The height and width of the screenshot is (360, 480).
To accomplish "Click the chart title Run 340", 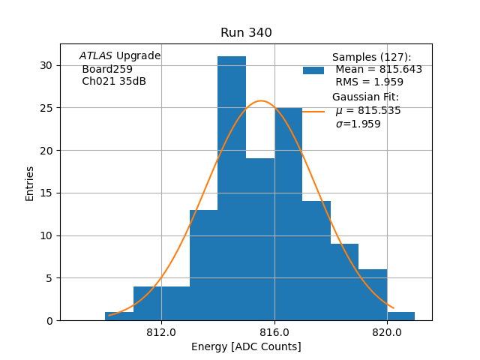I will click(246, 33).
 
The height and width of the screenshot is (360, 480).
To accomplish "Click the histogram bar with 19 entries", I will click(260, 239).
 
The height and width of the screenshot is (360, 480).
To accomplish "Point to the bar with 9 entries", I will click(344, 282).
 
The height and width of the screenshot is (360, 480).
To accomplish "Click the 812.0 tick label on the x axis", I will click(161, 332).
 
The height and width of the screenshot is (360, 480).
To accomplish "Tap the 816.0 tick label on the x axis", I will click(274, 332).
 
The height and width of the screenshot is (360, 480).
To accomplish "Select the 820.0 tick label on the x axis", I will click(387, 332).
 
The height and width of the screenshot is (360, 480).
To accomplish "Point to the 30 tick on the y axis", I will click(46, 65).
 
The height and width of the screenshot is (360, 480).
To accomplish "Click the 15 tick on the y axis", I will click(46, 193).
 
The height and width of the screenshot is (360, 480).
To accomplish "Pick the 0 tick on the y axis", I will click(49, 320).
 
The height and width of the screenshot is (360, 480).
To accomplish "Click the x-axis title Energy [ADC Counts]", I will click(246, 346).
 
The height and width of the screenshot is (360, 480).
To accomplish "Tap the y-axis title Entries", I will click(30, 183).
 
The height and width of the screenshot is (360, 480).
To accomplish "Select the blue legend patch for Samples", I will click(313, 70).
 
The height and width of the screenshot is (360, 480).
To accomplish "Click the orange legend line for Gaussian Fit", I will click(313, 111).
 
